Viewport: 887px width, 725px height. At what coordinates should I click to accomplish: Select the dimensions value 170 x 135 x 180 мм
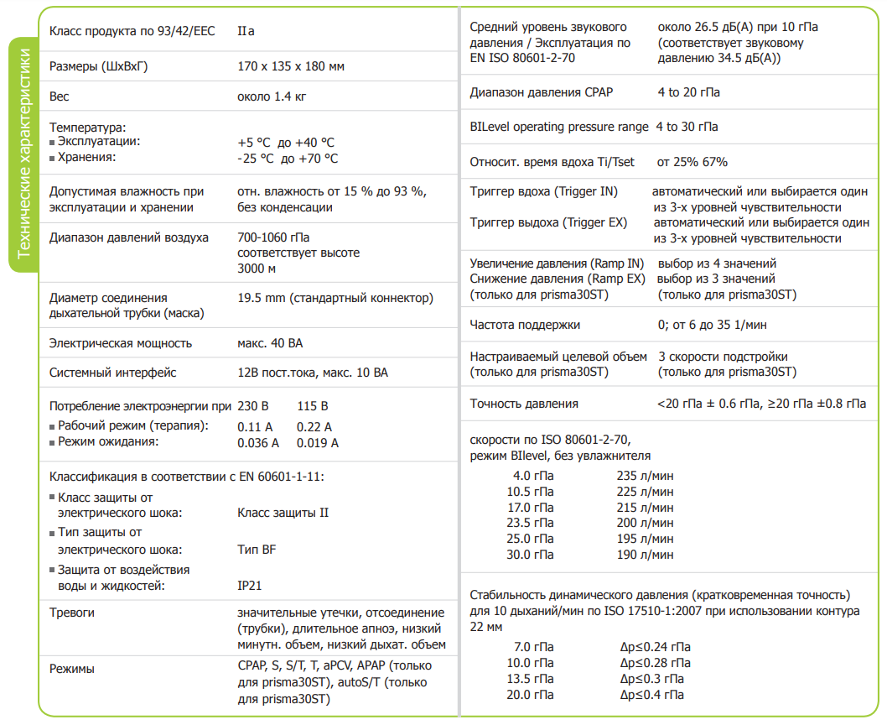pos(291,66)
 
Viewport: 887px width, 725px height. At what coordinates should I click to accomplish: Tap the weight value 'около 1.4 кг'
pos(272,96)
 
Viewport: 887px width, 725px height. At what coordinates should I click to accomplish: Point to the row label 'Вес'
pos(60,96)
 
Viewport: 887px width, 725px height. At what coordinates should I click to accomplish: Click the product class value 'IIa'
pos(246,31)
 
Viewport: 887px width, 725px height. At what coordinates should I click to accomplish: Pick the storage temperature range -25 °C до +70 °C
pos(288,159)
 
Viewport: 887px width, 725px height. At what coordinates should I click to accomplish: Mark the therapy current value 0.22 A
pos(314,427)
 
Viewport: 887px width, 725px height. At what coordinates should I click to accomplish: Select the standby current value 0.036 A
pos(258,443)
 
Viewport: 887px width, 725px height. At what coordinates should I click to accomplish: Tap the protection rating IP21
pos(250,586)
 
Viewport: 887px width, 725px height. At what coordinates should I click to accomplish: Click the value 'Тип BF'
pos(257,550)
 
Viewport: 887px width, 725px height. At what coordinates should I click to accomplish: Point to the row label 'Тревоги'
pos(71,613)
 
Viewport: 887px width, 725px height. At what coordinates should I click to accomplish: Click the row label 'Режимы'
pos(71,669)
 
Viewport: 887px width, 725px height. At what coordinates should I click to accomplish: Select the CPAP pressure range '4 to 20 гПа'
pos(687,92)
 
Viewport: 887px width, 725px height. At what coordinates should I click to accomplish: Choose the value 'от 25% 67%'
pos(692,162)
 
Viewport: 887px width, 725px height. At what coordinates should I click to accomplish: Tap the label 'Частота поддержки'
pos(525,325)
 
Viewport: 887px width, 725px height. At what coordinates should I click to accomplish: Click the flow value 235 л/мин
pos(645,476)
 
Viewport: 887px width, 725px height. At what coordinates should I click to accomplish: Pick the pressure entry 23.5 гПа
pos(530,523)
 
